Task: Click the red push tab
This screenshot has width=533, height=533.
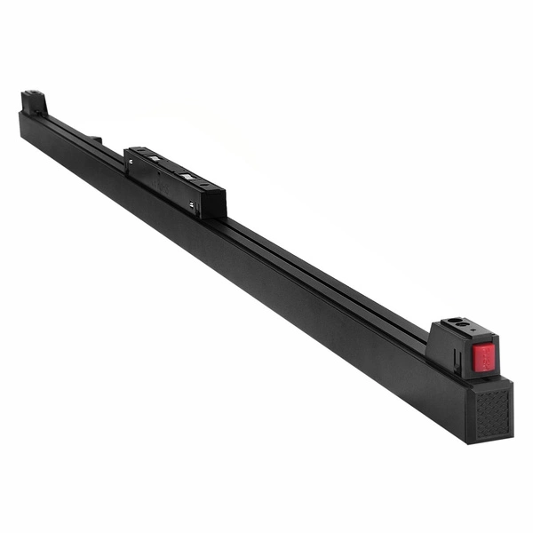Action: tap(483, 358)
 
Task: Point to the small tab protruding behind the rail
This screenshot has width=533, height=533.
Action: tap(95, 139)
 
